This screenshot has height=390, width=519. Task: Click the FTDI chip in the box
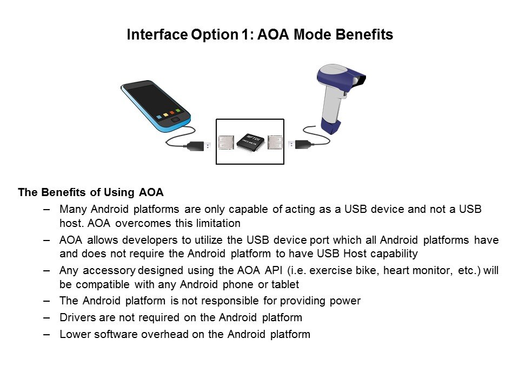pyautogui.click(x=250, y=142)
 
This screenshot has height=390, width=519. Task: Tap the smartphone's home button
pyautogui.click(x=175, y=119)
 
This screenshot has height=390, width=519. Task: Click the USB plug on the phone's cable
pyautogui.click(x=199, y=146)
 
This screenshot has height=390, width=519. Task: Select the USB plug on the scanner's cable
pyautogui.click(x=300, y=145)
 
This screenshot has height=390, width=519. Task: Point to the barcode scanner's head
pyautogui.click(x=341, y=77)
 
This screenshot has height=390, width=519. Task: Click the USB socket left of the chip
pyautogui.click(x=226, y=142)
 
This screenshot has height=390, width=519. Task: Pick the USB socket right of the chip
pyautogui.click(x=275, y=142)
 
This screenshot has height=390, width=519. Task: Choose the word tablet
pyautogui.click(x=285, y=284)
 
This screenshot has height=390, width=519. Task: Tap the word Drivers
pyautogui.click(x=77, y=317)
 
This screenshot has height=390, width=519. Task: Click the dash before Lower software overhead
pyautogui.click(x=46, y=334)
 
